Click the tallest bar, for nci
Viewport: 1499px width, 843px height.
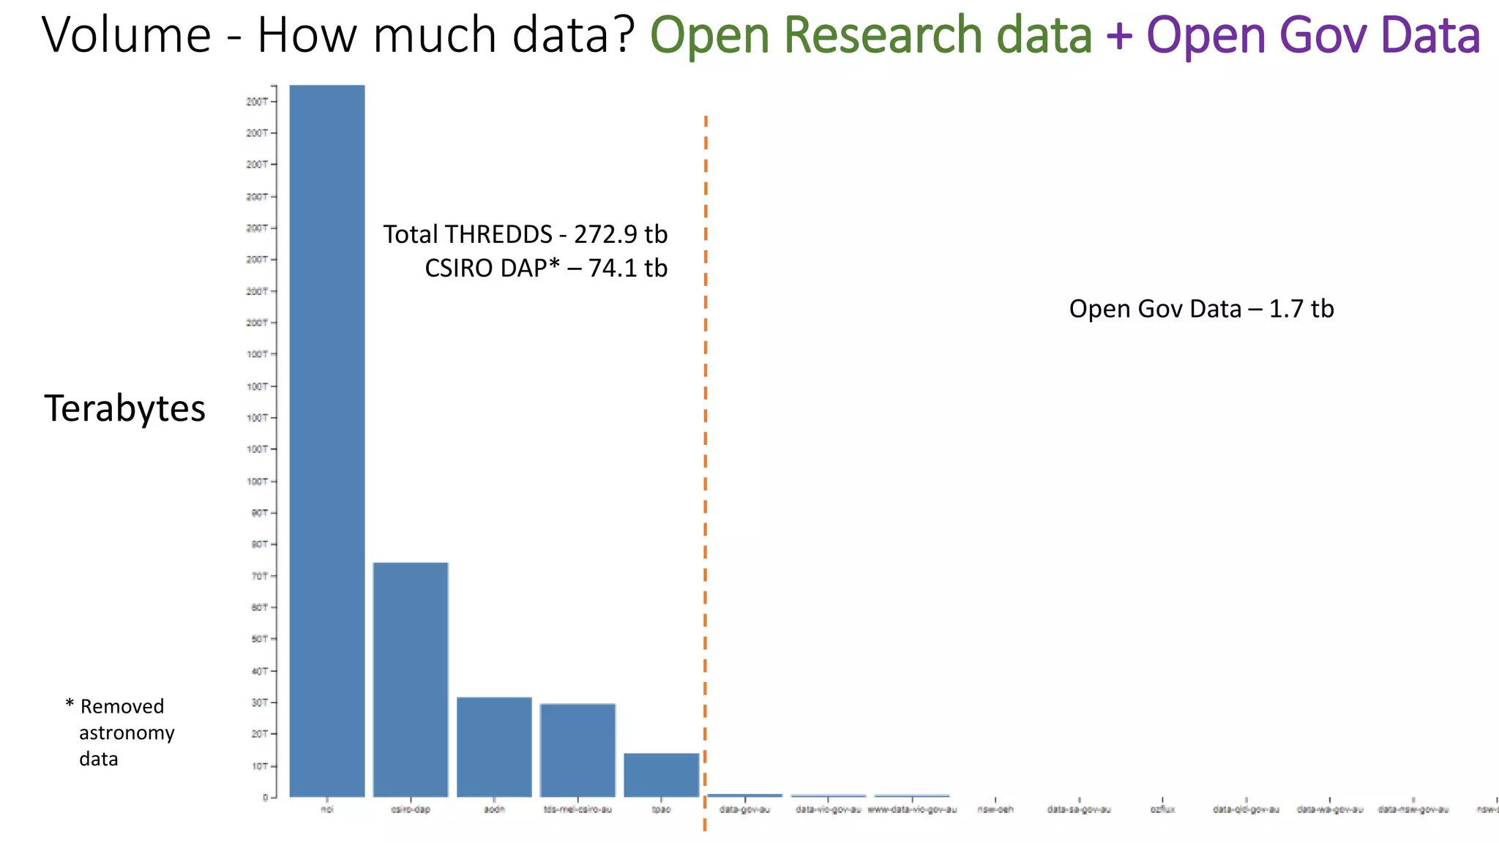327,439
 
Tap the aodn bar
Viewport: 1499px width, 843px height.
494,746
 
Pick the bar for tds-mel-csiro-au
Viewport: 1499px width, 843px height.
577,750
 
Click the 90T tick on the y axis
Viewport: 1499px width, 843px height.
260,513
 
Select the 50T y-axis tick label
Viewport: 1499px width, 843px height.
260,639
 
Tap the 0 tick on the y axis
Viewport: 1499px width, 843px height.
266,798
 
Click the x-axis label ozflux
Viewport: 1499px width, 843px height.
1162,809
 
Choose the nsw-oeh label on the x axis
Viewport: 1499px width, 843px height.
995,809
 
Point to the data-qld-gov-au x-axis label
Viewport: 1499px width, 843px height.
1246,809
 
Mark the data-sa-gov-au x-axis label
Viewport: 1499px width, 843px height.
1079,809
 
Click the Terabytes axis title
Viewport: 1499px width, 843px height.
124,408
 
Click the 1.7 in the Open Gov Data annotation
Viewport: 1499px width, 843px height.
1286,309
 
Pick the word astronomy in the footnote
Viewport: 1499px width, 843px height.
127,733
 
